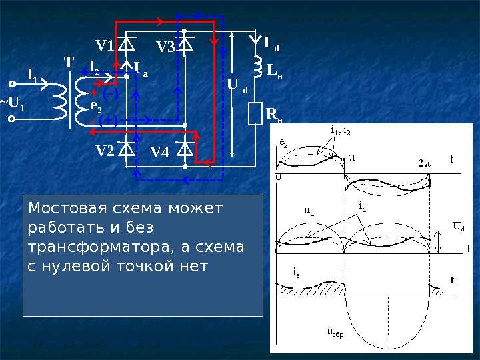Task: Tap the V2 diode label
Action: (105, 151)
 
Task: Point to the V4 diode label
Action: (160, 152)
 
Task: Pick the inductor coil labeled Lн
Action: (256, 67)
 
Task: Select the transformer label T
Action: (69, 63)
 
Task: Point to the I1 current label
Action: (31, 73)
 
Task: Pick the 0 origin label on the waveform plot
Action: (278, 177)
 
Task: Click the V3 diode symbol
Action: (185, 43)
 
